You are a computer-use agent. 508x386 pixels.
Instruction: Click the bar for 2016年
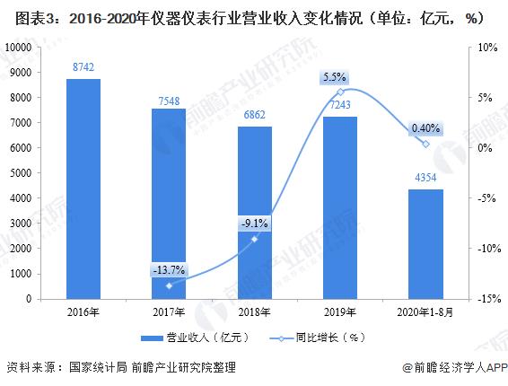(83, 189)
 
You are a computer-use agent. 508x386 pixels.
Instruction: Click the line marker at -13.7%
(169, 285)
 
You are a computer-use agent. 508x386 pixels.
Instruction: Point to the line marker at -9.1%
(255, 239)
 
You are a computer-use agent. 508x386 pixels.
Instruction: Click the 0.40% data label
(425, 129)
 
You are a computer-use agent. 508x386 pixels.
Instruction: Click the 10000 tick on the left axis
(19, 47)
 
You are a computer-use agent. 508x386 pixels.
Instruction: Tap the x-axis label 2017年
(169, 311)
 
